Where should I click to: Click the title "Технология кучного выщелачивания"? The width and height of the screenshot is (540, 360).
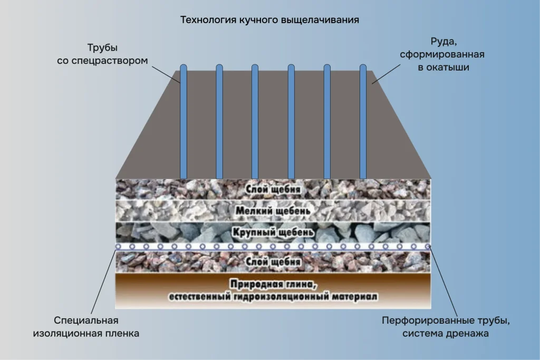(x=269, y=21)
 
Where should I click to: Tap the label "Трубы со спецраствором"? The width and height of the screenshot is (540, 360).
(x=102, y=54)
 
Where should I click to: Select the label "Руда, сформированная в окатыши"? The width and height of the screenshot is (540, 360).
(x=442, y=54)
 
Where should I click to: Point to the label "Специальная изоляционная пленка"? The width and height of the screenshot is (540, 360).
(x=86, y=327)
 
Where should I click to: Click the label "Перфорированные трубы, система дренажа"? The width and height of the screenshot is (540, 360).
(x=447, y=327)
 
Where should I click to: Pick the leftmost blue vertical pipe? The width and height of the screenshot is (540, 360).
(x=184, y=121)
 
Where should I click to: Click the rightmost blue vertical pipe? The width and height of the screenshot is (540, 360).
(x=363, y=121)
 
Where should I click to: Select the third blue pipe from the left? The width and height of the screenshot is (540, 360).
(x=255, y=121)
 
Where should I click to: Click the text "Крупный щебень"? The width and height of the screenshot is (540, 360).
(x=273, y=232)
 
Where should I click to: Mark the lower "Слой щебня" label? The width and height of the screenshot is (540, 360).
(x=273, y=262)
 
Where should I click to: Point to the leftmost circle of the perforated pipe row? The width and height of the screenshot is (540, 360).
(x=118, y=247)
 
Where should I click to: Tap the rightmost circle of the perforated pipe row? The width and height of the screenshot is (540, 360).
(x=427, y=247)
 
